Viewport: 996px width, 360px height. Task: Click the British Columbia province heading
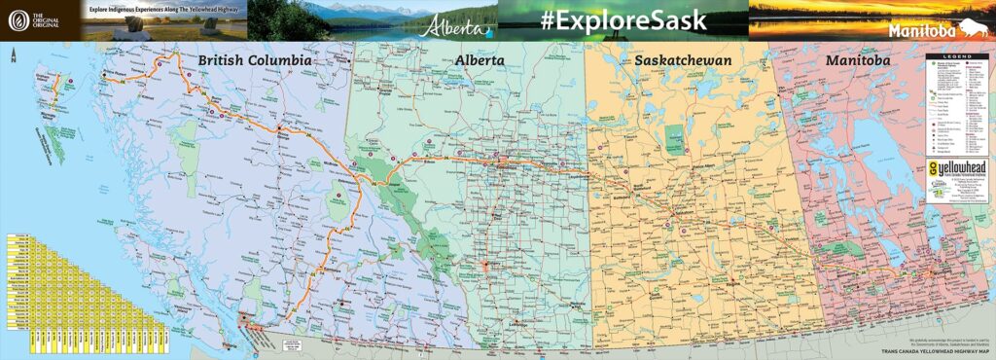[x=255, y=60]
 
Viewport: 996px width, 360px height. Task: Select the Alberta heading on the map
[x=479, y=60]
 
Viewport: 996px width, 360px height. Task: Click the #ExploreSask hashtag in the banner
[x=622, y=19]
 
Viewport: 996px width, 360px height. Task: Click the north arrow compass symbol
[x=13, y=57]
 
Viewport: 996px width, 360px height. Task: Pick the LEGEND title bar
[x=957, y=60]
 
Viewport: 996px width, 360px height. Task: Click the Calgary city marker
[x=484, y=265]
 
